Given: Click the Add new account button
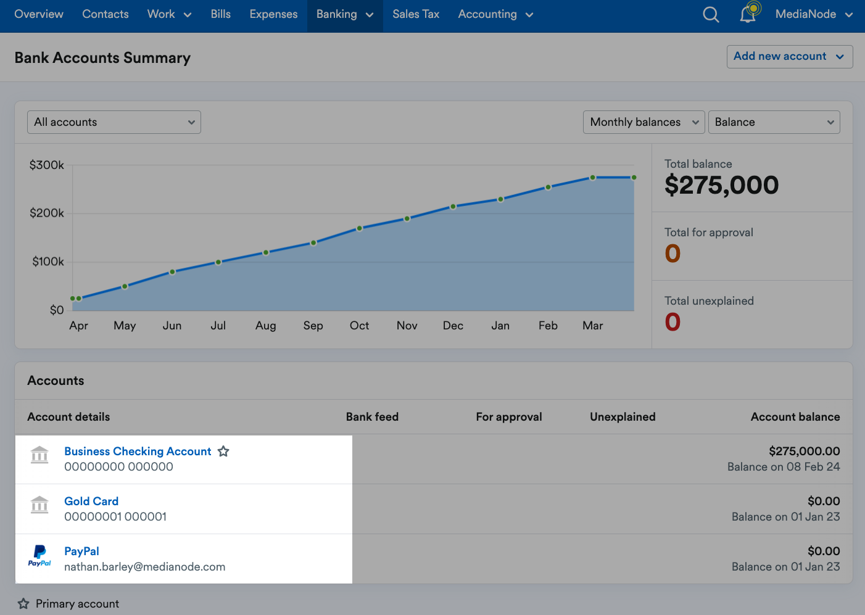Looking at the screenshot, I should [789, 57].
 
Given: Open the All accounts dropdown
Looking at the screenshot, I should [114, 122].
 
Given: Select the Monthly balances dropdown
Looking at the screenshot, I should [644, 122].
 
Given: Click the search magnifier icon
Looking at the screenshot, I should [711, 14].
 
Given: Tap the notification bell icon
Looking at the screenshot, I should [748, 14].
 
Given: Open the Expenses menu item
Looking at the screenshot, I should [273, 14].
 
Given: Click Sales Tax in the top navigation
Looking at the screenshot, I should [416, 14].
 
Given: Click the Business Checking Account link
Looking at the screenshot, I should [138, 452].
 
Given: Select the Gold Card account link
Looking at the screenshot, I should [91, 501].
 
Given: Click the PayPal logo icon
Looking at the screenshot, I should [39, 555].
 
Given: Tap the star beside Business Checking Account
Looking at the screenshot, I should [223, 452].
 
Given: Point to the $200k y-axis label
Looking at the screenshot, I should [47, 213].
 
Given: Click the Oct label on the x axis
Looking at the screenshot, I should [359, 326].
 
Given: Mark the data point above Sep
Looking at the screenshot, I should [313, 243].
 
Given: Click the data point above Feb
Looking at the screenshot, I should [548, 187].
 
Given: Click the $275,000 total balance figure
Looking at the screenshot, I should [721, 185].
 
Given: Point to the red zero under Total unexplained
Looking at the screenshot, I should [673, 322].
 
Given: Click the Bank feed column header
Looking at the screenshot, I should [372, 417].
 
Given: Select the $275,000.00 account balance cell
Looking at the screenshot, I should [804, 452].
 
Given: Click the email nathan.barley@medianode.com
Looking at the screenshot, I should [144, 567].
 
